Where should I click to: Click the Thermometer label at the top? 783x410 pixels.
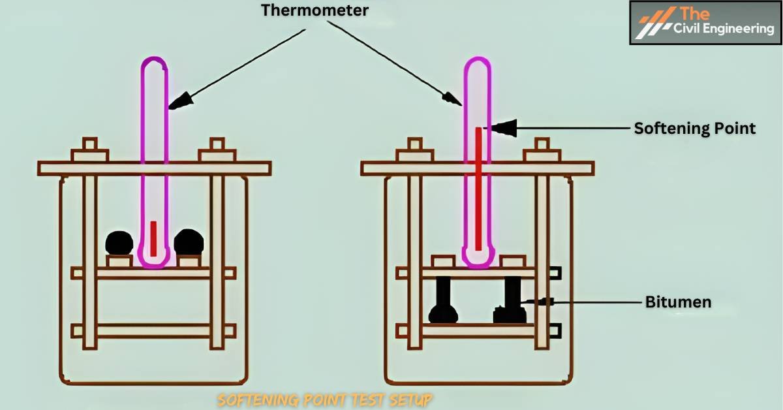pos(315,10)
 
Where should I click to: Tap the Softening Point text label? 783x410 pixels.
pos(694,129)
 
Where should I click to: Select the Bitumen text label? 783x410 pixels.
pos(677,302)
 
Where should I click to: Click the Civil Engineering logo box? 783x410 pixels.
pos(705,22)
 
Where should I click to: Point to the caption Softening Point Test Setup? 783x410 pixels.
pos(324,399)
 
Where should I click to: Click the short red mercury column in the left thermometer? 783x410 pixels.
pos(154,238)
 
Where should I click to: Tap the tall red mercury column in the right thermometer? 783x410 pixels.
pos(478,189)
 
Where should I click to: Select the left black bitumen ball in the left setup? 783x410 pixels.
pos(119,242)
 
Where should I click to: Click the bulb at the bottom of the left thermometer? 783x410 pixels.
pos(155,258)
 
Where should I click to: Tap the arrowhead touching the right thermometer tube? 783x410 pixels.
pos(453,99)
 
